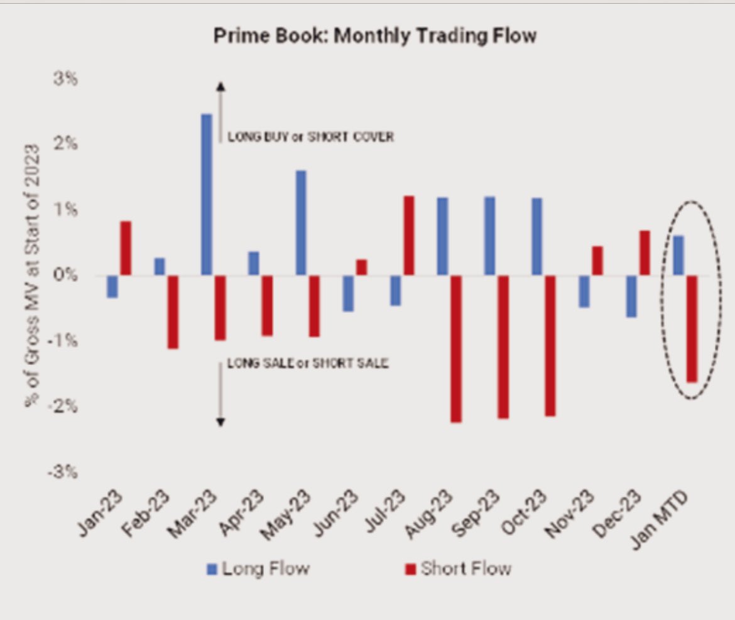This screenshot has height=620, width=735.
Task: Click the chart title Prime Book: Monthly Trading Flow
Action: tap(375, 36)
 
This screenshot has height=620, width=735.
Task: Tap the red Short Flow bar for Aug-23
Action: tap(456, 349)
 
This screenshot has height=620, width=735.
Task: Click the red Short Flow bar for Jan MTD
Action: tap(692, 329)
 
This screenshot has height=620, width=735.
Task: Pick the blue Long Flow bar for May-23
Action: tap(301, 222)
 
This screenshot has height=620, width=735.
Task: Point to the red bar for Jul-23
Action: tap(409, 236)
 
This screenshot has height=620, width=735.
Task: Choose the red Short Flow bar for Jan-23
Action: tap(126, 248)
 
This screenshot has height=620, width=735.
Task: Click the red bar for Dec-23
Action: tap(645, 253)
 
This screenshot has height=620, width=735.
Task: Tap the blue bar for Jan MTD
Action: tap(678, 255)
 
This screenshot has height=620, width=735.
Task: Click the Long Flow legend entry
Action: tap(259, 569)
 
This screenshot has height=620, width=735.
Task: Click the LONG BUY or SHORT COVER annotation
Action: tap(310, 137)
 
